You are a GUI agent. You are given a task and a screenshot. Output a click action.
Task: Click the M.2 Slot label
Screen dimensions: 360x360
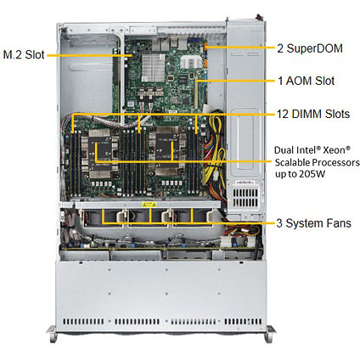coord(24,54)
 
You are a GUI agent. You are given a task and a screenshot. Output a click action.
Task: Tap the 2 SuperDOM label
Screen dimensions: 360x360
coord(310,48)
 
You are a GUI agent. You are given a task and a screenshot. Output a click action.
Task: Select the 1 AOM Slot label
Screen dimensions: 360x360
coord(307,81)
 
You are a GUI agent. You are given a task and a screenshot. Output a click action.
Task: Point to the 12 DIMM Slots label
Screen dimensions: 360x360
coord(313,114)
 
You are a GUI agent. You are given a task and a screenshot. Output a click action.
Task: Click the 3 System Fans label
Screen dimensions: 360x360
coord(313,223)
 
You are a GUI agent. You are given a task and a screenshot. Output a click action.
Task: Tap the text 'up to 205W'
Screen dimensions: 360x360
coord(300,174)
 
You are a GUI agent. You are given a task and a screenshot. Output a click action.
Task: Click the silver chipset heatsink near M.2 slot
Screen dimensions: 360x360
coord(153,68)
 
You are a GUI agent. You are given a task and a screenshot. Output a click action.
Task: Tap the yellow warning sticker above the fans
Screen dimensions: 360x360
coord(149,205)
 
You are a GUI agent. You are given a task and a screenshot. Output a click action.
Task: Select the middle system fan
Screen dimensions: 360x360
coord(148,218)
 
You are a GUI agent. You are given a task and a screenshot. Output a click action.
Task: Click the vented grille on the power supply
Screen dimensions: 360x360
coord(245,197)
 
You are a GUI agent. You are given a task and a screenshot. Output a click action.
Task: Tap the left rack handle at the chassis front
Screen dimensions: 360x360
coord(52,334)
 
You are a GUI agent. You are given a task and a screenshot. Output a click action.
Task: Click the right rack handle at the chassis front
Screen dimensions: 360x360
coord(269,334)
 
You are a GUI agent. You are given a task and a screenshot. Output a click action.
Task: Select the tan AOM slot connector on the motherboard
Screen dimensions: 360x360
coord(195,93)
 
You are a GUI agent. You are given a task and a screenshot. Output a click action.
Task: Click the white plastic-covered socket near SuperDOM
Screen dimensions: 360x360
coord(191,62)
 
